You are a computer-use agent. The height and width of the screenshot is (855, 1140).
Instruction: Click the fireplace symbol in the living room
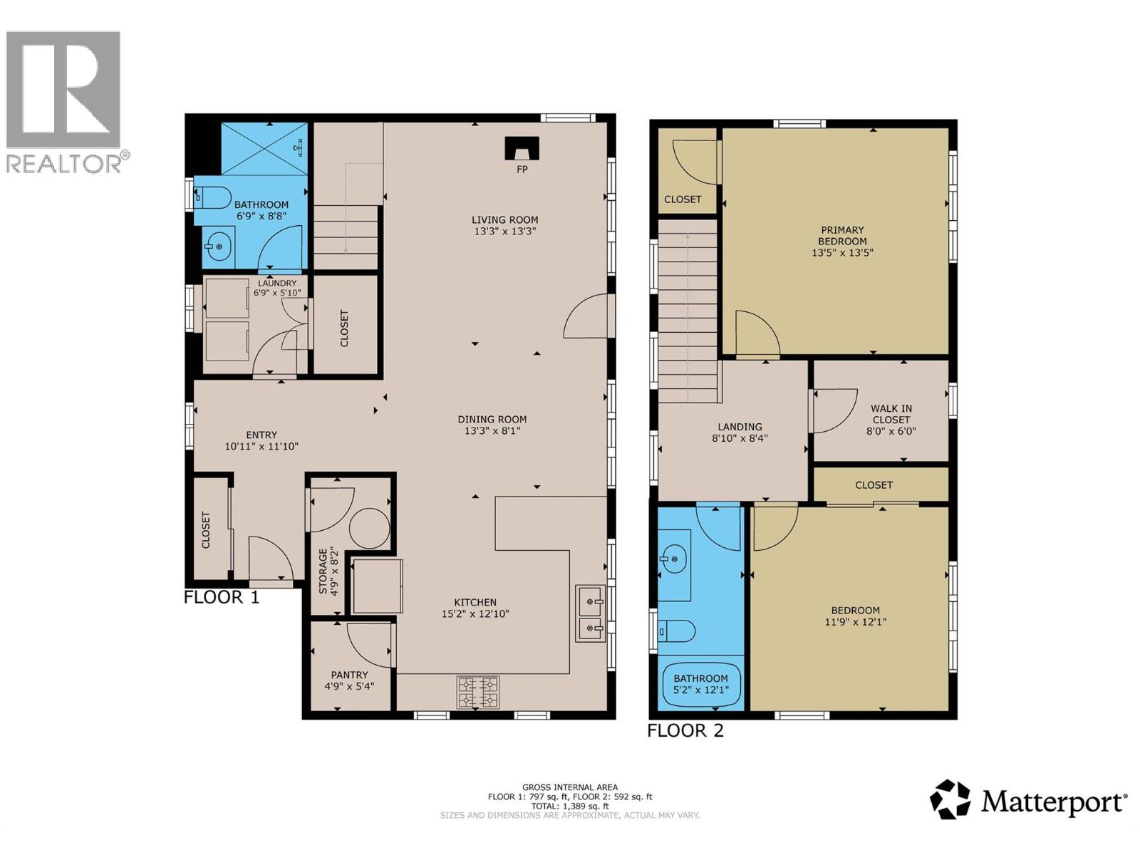pos(522,149)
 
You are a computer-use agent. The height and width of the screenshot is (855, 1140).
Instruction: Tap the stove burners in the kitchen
pos(477,692)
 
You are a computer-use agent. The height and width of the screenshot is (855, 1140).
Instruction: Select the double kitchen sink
pos(591,614)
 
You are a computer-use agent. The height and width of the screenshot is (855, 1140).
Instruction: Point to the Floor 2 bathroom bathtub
pos(701,685)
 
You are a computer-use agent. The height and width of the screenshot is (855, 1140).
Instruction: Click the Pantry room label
pos(349,675)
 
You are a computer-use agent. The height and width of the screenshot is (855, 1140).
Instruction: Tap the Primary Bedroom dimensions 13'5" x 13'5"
pos(842,252)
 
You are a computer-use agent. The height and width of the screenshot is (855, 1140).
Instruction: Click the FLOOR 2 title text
pos(685,730)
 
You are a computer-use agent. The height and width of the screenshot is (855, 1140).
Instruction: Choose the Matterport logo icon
pos(950,799)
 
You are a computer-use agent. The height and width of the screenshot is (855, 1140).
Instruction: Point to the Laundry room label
pos(276,283)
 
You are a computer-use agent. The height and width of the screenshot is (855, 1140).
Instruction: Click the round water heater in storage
pos(369,527)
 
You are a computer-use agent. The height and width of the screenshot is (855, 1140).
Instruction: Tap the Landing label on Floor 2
pos(740,427)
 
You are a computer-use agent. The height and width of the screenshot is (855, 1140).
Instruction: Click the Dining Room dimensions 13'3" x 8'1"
pos(492,430)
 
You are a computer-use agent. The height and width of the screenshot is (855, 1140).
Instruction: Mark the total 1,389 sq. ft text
pos(570,807)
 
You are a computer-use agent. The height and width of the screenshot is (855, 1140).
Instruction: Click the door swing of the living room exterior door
pos(588,318)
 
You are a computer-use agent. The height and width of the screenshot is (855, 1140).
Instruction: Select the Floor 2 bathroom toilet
pos(677,631)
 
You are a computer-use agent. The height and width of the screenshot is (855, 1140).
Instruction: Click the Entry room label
pos(261,435)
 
